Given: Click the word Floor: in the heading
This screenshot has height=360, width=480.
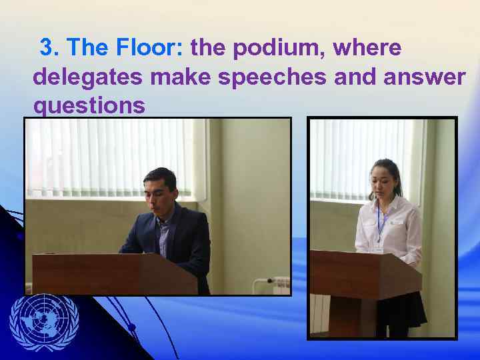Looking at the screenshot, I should coord(151,47).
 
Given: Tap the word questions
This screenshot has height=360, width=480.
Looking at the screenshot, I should coord(89,106).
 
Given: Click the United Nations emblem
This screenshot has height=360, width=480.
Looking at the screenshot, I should coord(44,322).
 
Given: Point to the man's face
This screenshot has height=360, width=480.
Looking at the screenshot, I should coord(160,191).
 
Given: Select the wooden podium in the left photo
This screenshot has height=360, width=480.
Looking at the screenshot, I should coord(113,273).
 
